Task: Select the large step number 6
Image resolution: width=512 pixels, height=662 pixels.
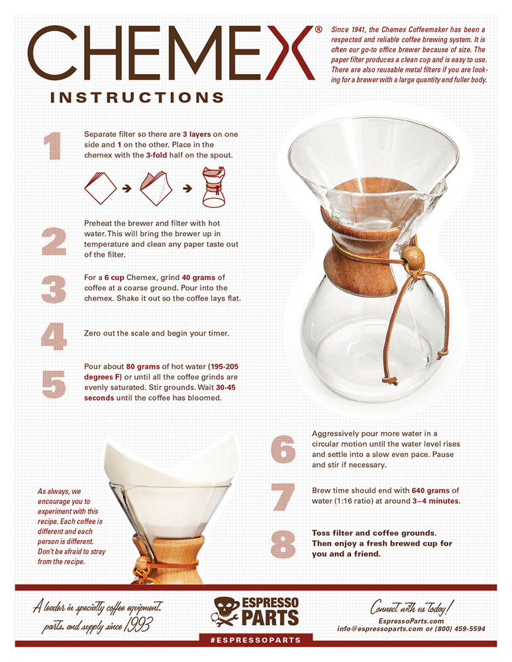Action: pos(283,449)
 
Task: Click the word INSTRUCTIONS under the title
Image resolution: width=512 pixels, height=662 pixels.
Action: pos(137,97)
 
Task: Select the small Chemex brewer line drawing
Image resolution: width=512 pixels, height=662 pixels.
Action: pos(214,187)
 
